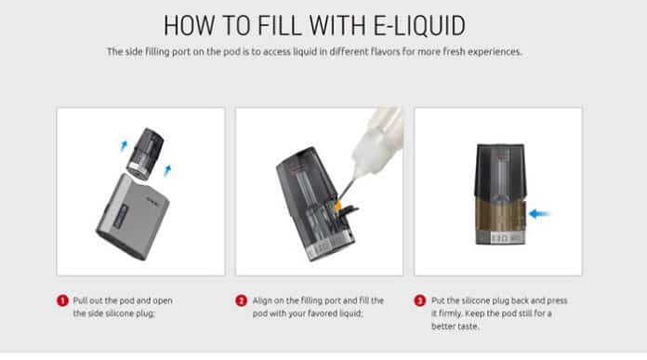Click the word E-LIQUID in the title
[x=419, y=26]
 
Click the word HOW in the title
[x=190, y=26]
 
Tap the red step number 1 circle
[x=62, y=300]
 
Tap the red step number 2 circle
[x=242, y=300]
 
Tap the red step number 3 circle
[x=420, y=300]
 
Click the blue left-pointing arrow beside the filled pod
[x=539, y=213]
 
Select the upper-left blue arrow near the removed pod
[x=124, y=146]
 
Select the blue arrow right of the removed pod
[x=167, y=170]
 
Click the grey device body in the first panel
[x=132, y=217]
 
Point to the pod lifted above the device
[x=144, y=153]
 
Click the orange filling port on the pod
[x=338, y=206]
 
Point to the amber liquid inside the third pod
[x=500, y=216]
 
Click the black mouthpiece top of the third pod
[x=500, y=169]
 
